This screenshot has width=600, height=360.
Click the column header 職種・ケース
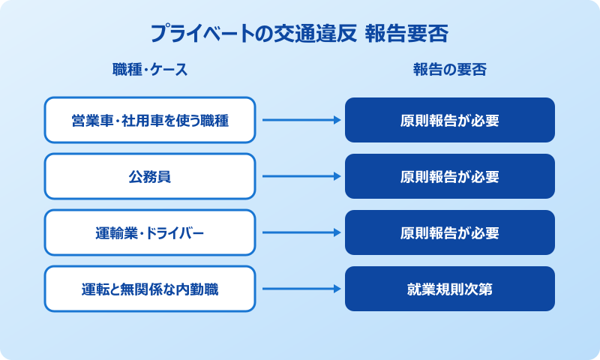pos(150,70)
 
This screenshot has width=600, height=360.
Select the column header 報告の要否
pos(450,70)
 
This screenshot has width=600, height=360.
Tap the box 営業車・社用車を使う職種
pos(150,120)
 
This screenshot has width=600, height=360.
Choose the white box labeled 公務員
pos(150,176)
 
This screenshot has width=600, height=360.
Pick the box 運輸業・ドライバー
pos(150,232)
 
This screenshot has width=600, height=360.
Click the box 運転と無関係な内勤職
pos(150,289)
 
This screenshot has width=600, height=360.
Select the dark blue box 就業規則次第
pos(450,289)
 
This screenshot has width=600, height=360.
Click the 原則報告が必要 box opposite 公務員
pos(450,176)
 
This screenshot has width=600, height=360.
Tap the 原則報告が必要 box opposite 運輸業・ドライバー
pos(450,232)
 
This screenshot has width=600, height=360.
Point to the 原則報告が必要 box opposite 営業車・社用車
pos(450,120)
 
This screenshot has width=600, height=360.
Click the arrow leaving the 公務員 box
pos(300,176)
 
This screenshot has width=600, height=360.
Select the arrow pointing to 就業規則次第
pos(300,289)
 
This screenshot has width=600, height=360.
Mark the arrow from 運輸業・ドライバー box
pos(300,232)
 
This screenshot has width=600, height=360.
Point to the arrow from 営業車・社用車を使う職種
pos(300,120)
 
